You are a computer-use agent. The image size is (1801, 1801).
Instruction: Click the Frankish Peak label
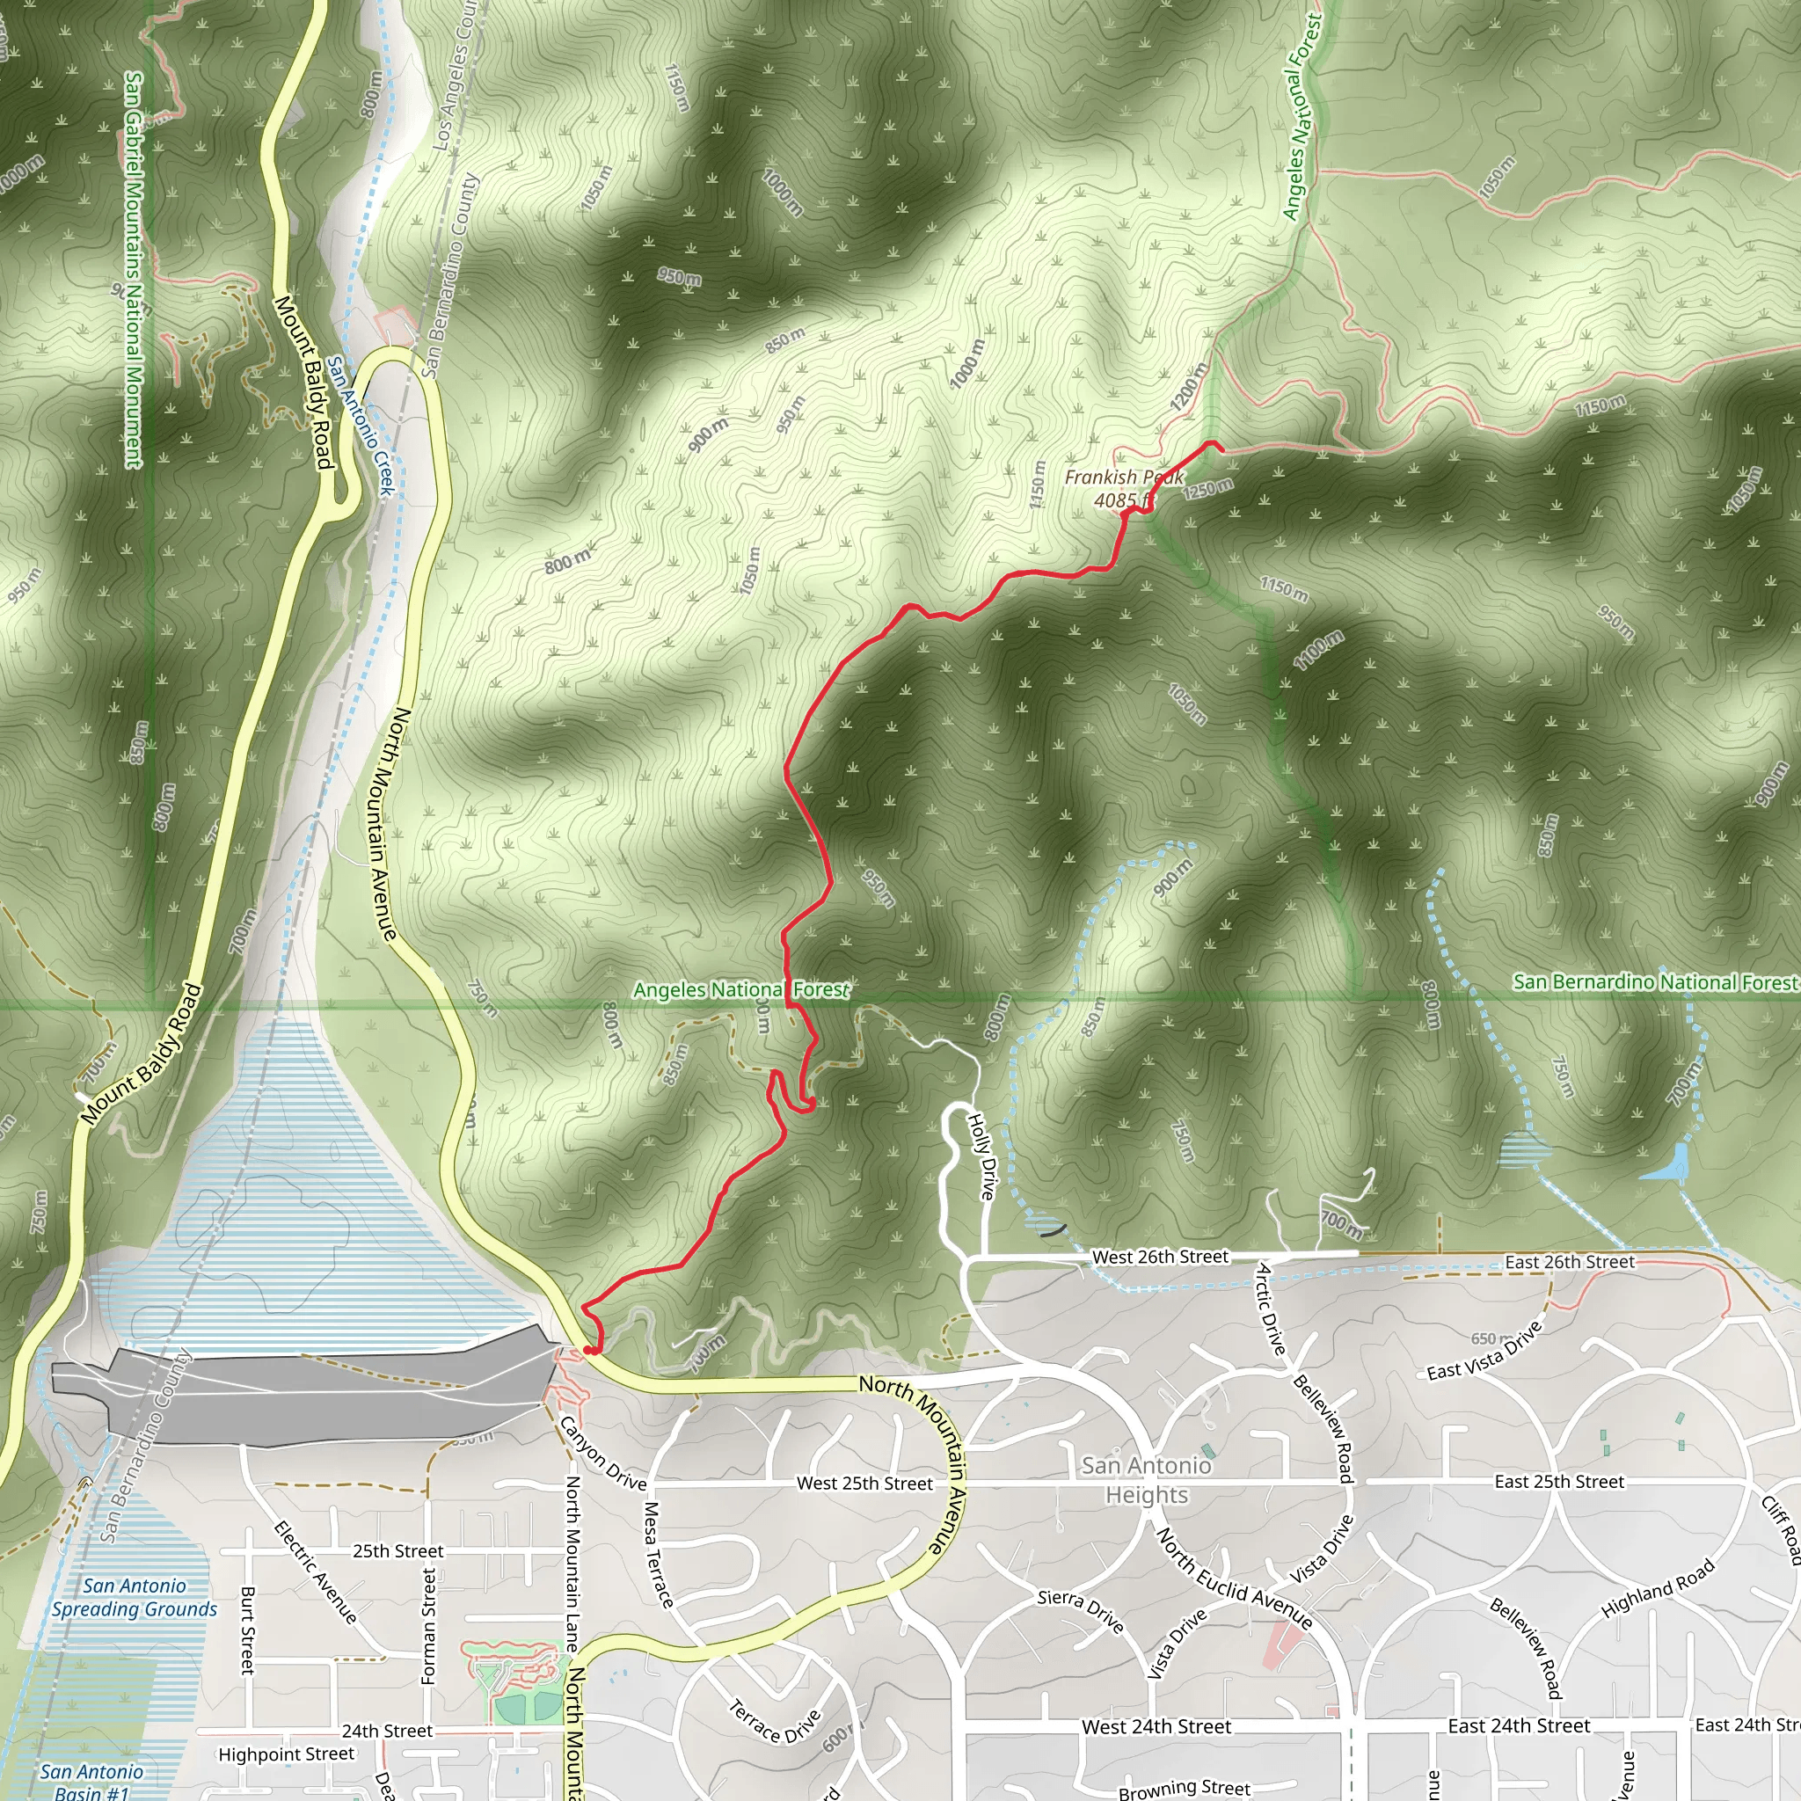tap(1123, 488)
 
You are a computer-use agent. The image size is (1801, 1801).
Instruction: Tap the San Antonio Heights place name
tap(1147, 1479)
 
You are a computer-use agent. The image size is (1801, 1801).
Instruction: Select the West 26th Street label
tap(1160, 1257)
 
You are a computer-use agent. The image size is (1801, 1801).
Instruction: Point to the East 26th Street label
tap(1570, 1261)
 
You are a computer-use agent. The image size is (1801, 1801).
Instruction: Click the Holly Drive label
tap(981, 1156)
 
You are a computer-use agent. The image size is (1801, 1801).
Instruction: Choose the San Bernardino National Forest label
tap(1656, 981)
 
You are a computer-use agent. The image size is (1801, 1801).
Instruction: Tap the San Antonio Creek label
tap(361, 425)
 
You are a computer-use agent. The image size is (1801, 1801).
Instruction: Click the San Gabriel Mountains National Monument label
tap(135, 270)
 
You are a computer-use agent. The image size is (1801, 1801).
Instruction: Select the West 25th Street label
tap(864, 1484)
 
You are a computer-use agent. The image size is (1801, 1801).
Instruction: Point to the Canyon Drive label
tap(602, 1453)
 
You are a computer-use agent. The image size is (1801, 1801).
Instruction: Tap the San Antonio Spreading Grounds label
tap(135, 1598)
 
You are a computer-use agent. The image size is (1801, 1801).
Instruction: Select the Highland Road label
tap(1658, 1589)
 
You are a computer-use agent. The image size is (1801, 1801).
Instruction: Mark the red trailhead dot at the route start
tap(589, 1349)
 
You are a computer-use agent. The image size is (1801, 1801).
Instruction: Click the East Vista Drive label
tap(1485, 1350)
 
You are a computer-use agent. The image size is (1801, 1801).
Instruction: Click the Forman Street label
tap(429, 1626)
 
